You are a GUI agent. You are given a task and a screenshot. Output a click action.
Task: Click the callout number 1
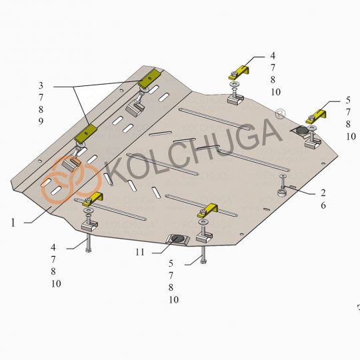coord(13,223)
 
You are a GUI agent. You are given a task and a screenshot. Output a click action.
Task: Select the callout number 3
coord(41,85)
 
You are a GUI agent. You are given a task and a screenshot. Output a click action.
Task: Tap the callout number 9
coord(41,121)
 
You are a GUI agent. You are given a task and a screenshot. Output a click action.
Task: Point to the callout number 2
coord(323,193)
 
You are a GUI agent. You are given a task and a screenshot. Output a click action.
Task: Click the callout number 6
coord(323,206)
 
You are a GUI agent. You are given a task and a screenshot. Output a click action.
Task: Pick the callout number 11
coord(139,253)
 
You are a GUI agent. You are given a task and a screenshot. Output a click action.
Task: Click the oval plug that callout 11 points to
coord(179,239)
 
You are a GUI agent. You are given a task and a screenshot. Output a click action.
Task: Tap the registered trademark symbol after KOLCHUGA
coord(281,115)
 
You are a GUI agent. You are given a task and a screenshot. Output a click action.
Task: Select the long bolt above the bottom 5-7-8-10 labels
coord(204,254)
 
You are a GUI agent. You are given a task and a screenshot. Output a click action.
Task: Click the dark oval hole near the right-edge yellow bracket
coord(301,130)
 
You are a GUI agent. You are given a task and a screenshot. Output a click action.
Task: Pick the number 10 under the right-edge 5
coord(351,136)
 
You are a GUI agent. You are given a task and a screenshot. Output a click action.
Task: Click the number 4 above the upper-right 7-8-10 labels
coord(272,56)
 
